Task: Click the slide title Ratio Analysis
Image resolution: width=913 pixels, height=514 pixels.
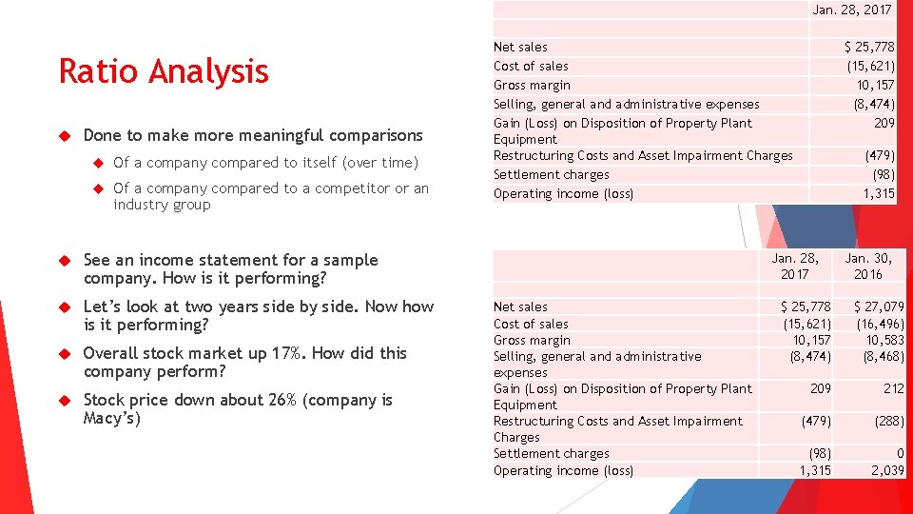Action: point(164,71)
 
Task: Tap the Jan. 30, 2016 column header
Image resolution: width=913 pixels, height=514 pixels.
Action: point(867,267)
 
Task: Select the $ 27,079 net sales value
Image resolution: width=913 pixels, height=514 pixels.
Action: point(879,306)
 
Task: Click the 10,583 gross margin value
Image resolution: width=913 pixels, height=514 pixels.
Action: point(884,340)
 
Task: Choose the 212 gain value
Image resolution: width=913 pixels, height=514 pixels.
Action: point(893,388)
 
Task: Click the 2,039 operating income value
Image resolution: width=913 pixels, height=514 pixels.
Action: point(887,470)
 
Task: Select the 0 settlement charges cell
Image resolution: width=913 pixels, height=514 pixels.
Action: point(900,454)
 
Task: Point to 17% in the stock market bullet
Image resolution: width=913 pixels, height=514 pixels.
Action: point(286,353)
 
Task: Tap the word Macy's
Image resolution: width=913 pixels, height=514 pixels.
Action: point(111,418)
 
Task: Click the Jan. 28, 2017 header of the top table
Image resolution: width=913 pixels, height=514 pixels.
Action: point(852,10)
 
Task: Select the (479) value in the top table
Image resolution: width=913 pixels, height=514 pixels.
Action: point(879,155)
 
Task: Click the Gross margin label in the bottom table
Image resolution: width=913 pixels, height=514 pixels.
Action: point(532,340)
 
